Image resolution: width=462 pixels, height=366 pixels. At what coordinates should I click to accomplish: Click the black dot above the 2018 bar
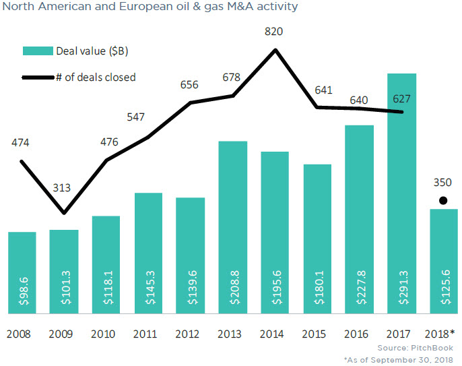coord(443,200)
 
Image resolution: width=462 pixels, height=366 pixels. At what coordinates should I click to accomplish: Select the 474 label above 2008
coord(21,142)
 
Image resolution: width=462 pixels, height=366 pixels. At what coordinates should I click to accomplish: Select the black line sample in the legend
coord(38,78)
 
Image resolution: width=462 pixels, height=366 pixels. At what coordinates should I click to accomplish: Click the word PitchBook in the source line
coord(436,348)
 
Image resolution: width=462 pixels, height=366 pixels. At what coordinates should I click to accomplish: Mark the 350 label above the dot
coord(443,182)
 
